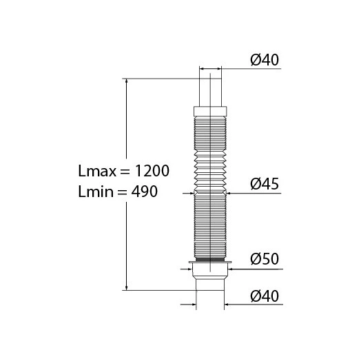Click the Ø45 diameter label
pos(265,184)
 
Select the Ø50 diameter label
pos(265,259)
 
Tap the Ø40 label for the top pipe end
pos(265,60)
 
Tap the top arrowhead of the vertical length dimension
pos(126,82)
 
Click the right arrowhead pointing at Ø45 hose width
pos(230,194)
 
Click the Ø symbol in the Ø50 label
pos(254,259)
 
